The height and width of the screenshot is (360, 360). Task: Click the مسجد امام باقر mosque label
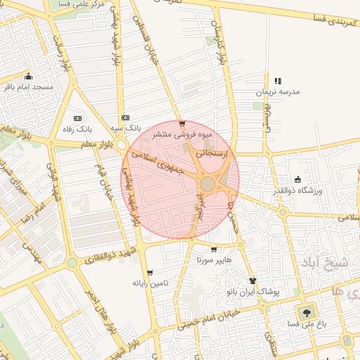pos(29,86)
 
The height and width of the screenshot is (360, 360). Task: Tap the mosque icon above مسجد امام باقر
pos(28,77)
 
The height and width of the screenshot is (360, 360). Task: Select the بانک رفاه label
pos(78,129)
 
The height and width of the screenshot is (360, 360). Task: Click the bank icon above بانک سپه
pos(125,117)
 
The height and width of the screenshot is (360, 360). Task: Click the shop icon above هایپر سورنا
pos(213,249)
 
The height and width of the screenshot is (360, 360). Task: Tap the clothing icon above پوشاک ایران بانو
pos(252,281)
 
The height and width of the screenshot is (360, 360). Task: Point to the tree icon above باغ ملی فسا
pos(307,312)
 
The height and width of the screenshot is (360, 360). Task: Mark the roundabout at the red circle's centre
pos(207,184)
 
